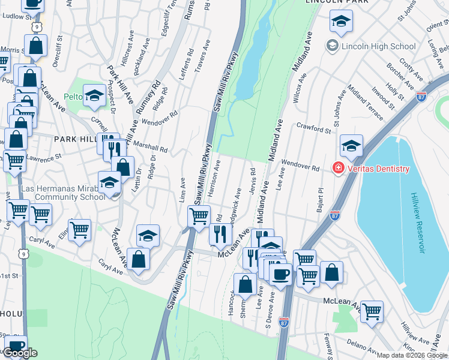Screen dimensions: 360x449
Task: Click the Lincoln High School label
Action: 378,46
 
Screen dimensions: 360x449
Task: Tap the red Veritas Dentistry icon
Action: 339,169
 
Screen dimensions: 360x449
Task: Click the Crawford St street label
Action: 314,128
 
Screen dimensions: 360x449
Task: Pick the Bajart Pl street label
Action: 320,200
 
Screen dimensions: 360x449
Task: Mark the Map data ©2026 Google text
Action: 412,355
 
